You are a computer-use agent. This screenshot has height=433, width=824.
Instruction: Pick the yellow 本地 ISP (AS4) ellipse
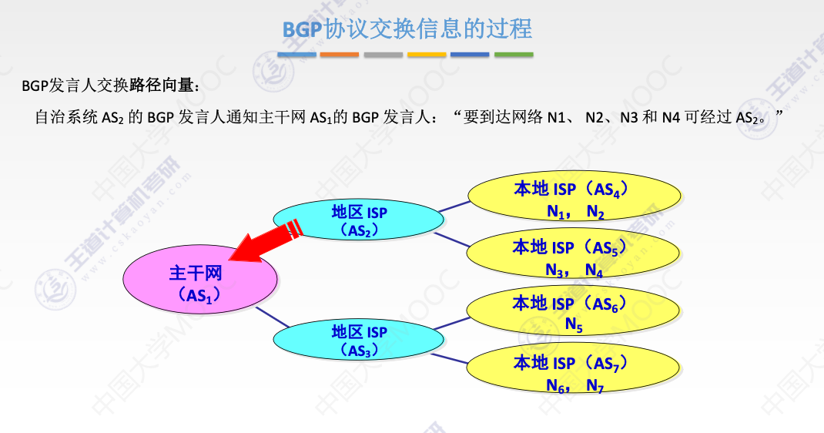(574, 199)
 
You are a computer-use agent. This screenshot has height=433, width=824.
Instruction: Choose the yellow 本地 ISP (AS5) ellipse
(574, 257)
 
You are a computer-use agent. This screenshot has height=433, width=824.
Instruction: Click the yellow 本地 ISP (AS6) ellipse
(574, 313)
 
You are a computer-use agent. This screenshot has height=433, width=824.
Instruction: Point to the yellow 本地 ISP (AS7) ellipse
(574, 371)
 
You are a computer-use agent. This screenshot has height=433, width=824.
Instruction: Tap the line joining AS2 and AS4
(454, 206)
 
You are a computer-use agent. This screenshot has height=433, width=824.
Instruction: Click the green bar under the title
(514, 55)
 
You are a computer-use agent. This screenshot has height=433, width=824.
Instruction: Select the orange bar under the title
(340, 55)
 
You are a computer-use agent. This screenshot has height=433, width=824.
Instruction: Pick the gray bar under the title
(384, 55)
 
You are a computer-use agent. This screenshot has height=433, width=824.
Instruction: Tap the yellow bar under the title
(427, 55)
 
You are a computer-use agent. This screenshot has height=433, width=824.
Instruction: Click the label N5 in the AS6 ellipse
(574, 325)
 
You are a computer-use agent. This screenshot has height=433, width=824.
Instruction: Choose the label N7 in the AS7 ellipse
(595, 385)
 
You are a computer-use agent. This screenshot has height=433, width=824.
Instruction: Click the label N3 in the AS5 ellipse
(554, 270)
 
